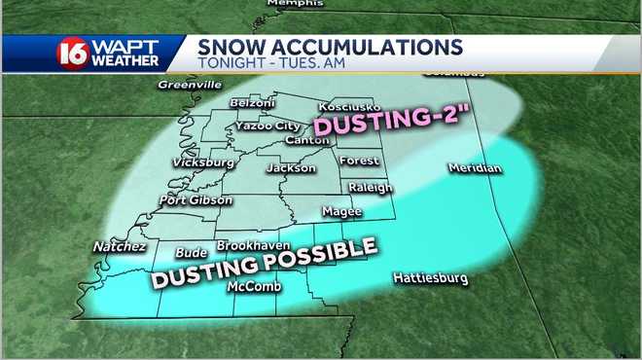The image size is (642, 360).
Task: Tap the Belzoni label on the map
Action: [x=253, y=103]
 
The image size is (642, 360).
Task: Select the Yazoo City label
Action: [x=267, y=126]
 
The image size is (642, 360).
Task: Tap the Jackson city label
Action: [x=291, y=168]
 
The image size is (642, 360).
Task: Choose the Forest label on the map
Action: [x=358, y=161]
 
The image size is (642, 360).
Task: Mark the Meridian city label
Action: [x=475, y=169]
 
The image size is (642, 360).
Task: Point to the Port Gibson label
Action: [x=196, y=200]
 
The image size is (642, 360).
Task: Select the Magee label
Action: [x=341, y=211]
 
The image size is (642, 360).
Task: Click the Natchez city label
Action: [x=119, y=247]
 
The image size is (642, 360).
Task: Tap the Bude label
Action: [x=191, y=253]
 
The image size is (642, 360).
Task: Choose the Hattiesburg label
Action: [x=430, y=279]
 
